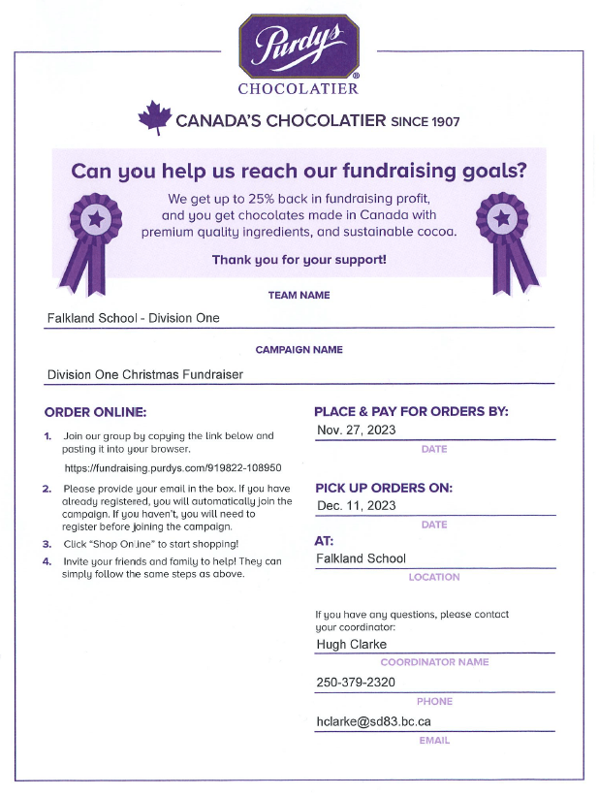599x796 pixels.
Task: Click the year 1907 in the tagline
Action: pyautogui.click(x=441, y=121)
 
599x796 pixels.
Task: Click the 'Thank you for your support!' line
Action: pyautogui.click(x=299, y=260)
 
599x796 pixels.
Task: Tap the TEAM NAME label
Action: pyautogui.click(x=299, y=295)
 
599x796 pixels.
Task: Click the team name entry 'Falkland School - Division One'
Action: pyautogui.click(x=134, y=318)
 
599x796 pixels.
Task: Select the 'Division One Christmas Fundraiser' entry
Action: pyautogui.click(x=144, y=373)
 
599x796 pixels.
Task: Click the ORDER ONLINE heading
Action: pyautogui.click(x=95, y=412)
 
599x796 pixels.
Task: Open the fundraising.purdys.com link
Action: pyautogui.click(x=172, y=467)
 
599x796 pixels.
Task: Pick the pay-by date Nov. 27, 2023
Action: pyautogui.click(x=356, y=430)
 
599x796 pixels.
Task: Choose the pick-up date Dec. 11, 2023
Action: pyautogui.click(x=356, y=505)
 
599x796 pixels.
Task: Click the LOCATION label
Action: pyautogui.click(x=433, y=577)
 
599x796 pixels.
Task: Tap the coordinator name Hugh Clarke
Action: pyautogui.click(x=351, y=644)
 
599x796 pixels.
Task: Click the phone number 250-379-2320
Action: pyautogui.click(x=356, y=683)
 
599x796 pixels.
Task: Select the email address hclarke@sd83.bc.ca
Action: pyautogui.click(x=373, y=721)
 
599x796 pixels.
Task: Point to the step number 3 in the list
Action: pyautogui.click(x=47, y=544)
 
